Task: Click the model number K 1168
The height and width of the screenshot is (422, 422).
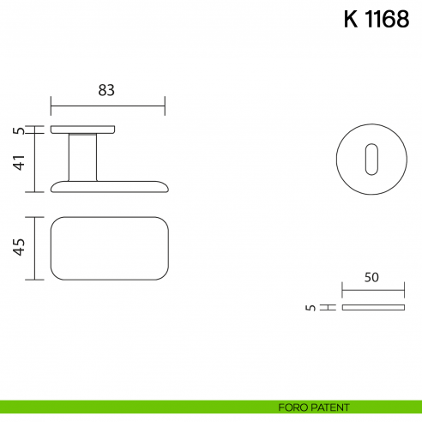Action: [376, 21]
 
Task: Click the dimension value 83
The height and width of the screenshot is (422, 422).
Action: [106, 90]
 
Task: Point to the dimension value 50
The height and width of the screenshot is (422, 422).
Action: [371, 278]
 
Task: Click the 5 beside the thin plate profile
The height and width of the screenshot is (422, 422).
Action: [310, 306]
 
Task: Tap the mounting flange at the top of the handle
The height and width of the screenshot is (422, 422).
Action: [82, 130]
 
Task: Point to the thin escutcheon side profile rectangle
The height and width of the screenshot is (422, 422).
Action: [372, 307]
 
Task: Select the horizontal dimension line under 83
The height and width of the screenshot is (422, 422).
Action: [107, 106]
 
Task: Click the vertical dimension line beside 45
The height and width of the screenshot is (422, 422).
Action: [33, 248]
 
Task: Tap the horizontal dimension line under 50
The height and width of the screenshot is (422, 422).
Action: [372, 291]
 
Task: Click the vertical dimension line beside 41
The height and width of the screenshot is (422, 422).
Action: [33, 163]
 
